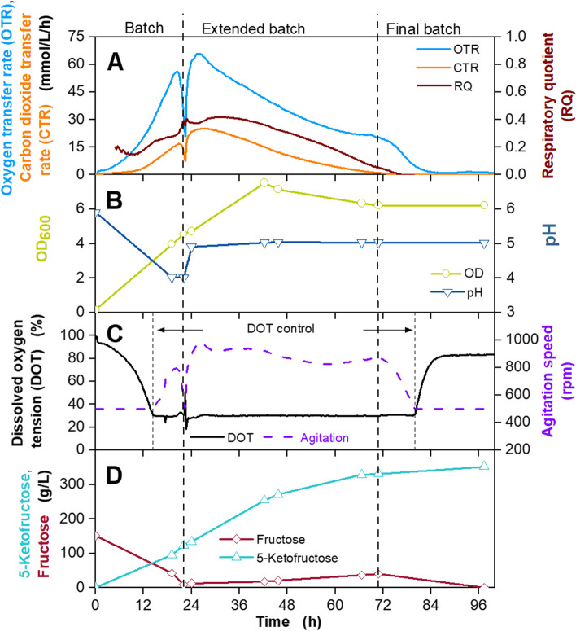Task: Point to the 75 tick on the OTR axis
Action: [x=80, y=37]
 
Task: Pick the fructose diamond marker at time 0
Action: [x=97, y=536]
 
